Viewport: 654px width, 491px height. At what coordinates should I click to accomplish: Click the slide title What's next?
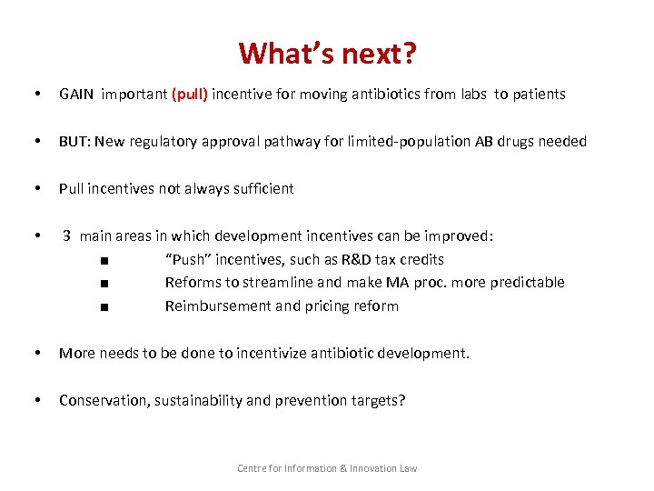327,53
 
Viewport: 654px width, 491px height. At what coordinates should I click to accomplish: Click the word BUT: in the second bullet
74,141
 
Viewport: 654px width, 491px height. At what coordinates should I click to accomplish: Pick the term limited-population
404,141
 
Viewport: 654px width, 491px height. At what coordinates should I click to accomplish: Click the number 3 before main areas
66,235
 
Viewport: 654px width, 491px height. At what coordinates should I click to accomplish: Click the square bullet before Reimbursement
107,307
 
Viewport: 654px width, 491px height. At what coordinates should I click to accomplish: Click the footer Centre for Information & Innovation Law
327,468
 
